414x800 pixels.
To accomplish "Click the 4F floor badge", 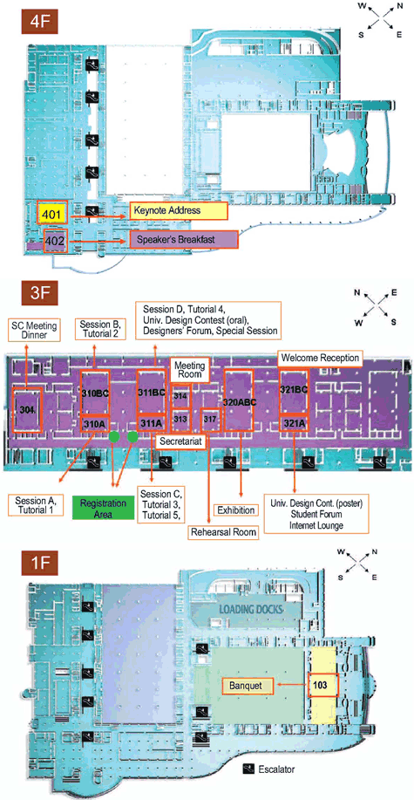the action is pos(39,23).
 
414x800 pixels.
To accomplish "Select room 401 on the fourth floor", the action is pos(52,213).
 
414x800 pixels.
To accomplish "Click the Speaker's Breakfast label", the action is pos(184,239).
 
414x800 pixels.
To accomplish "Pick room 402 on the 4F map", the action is pos(56,240).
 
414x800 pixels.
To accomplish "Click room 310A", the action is pos(94,423).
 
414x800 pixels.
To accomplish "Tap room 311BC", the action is pos(152,392).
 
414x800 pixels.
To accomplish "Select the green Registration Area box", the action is pos(98,508).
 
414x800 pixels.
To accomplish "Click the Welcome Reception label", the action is pos(320,359).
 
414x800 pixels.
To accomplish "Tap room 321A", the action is pos(295,423).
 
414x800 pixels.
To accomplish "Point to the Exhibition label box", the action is pos(236,510).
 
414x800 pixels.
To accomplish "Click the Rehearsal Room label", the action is pos(223,533).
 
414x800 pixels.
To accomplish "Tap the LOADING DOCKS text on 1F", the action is pos(251,609).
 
